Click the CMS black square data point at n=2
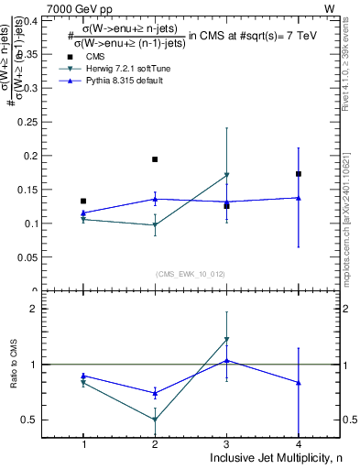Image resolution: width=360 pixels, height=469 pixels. [x=155, y=159]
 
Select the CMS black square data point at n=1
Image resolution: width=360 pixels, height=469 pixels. [x=83, y=201]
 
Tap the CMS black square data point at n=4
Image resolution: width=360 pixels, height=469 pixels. [x=299, y=173]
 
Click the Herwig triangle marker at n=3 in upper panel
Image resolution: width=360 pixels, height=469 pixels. [x=226, y=175]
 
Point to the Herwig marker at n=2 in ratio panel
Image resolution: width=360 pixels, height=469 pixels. [x=155, y=420]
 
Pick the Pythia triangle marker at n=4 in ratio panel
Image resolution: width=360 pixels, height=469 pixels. [x=299, y=382]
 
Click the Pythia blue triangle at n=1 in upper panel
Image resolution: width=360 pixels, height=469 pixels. [x=83, y=213]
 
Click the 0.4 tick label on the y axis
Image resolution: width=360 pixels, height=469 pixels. [x=35, y=20]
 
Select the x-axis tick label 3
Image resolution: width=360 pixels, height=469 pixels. [x=226, y=444]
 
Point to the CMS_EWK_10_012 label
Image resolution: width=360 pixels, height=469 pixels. [x=190, y=273]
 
